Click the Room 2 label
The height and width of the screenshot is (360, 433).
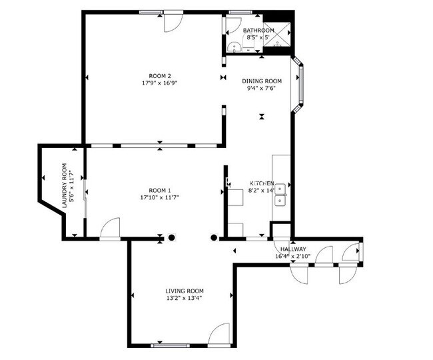point(160,76)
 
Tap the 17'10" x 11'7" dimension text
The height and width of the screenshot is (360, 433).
point(160,197)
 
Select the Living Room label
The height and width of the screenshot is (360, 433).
point(185,291)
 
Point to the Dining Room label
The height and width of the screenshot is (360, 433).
point(262,81)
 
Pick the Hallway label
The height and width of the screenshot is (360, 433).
point(293,249)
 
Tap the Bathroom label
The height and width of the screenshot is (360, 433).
point(258,30)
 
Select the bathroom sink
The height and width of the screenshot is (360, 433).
point(234,47)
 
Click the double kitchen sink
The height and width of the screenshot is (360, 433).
point(280,195)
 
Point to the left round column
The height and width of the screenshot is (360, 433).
point(172,237)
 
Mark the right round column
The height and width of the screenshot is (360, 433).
point(214,237)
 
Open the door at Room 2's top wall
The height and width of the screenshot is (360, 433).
point(173,21)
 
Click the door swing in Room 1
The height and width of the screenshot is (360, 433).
point(110,227)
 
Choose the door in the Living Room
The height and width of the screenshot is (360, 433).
point(219,334)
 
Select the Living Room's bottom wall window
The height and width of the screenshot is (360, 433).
point(170,345)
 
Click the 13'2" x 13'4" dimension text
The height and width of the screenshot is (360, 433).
point(185,298)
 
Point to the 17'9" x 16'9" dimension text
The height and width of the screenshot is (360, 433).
point(160,83)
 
